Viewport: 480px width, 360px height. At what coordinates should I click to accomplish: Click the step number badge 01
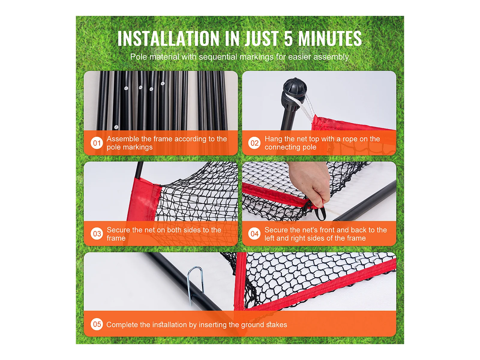coord(97,143)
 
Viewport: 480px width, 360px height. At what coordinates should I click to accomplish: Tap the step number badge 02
coord(254,143)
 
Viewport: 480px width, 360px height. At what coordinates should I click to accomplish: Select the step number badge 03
coord(97,234)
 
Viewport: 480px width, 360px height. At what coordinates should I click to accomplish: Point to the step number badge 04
coord(254,234)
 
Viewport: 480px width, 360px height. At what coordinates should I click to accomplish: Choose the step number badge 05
coord(97,324)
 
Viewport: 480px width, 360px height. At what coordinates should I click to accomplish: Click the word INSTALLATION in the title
coord(168,38)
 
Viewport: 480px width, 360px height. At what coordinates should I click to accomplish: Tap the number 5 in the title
coord(288,38)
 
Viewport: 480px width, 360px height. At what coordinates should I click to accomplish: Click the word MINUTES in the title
coord(330,38)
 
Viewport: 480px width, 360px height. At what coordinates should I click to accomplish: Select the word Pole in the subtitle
coord(139,57)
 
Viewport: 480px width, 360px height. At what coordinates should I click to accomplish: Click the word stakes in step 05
coord(277,325)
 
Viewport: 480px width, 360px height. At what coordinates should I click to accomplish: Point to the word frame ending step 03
coord(116,238)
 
